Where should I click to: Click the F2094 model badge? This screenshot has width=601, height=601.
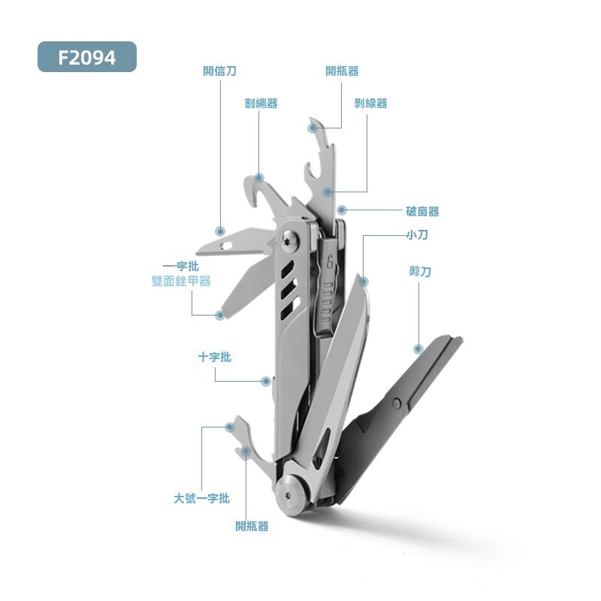(87, 57)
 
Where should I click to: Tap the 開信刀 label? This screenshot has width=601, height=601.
(219, 71)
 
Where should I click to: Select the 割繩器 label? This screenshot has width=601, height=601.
(261, 103)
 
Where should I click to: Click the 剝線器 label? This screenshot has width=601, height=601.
(370, 103)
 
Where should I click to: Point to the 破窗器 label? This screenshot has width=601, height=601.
(422, 211)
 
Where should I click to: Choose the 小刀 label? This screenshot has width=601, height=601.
(417, 234)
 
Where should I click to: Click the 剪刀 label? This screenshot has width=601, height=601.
(420, 271)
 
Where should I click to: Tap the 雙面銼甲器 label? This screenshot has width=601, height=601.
(181, 281)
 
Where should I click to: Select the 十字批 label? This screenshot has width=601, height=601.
(215, 358)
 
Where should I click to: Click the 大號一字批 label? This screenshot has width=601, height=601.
(201, 498)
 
